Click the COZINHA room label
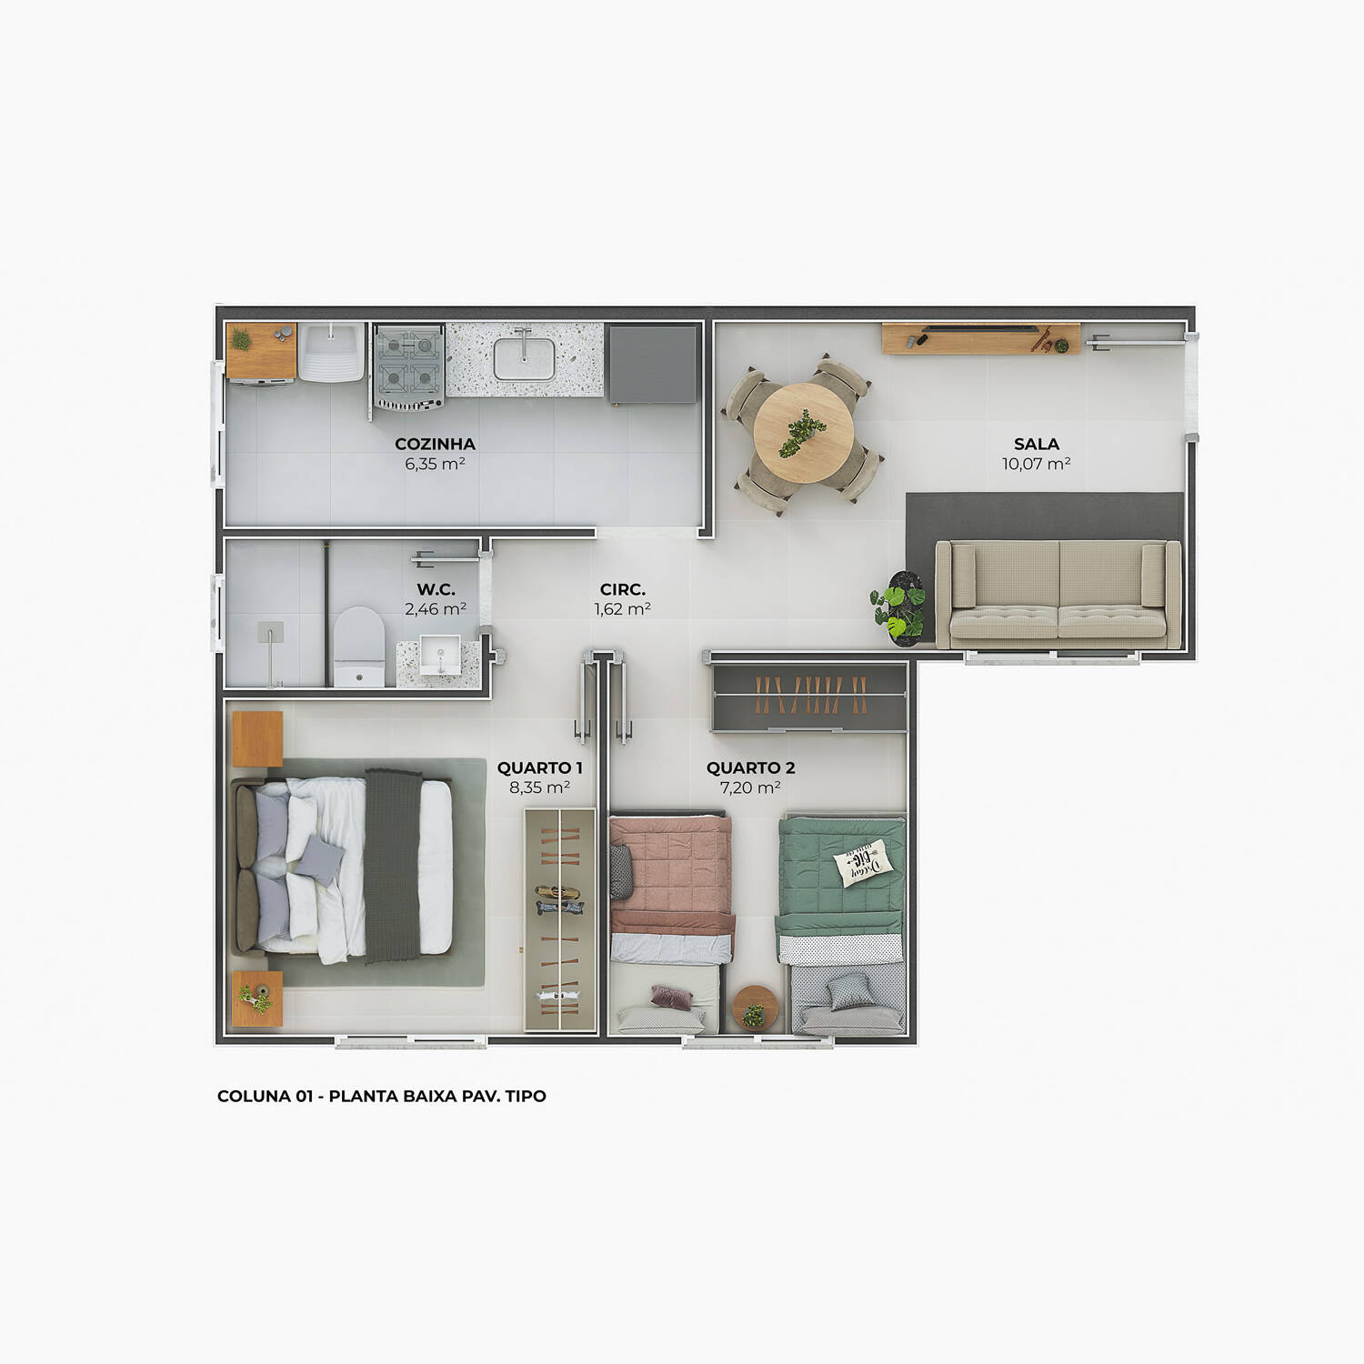pyautogui.click(x=435, y=444)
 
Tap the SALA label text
pyautogui.click(x=1037, y=444)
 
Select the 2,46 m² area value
pyautogui.click(x=436, y=609)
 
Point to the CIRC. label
pyautogui.click(x=623, y=589)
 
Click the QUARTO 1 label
pyautogui.click(x=539, y=767)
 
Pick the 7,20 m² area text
pyautogui.click(x=750, y=787)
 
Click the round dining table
pyautogui.click(x=804, y=433)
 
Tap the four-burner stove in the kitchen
pyautogui.click(x=408, y=367)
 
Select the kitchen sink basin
pyautogui.click(x=525, y=358)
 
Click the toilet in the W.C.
pyautogui.click(x=359, y=646)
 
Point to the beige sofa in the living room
pyautogui.click(x=1058, y=595)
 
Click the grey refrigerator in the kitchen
pyautogui.click(x=653, y=364)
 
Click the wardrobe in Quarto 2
pyautogui.click(x=809, y=697)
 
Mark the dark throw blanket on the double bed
pyautogui.click(x=394, y=866)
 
